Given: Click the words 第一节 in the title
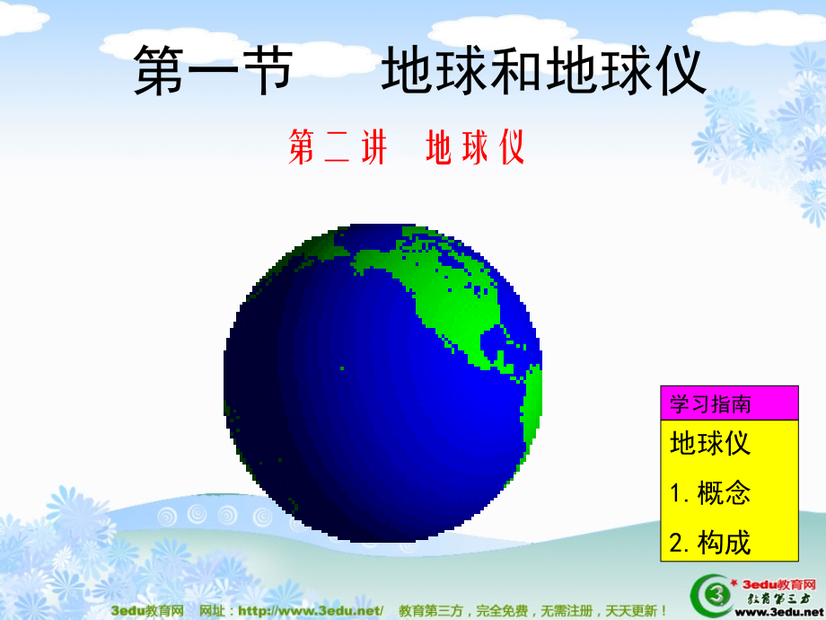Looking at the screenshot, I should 213,72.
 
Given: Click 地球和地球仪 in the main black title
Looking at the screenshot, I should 543,72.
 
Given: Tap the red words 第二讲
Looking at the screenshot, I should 338,148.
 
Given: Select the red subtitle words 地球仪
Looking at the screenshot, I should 475,148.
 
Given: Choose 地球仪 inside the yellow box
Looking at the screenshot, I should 709,444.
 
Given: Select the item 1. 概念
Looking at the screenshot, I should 709,492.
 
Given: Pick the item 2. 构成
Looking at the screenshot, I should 709,542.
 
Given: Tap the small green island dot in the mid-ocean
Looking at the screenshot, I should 341,368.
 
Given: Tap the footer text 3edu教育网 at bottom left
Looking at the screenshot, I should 147,611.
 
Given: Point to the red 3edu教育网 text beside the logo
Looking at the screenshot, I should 776,581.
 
